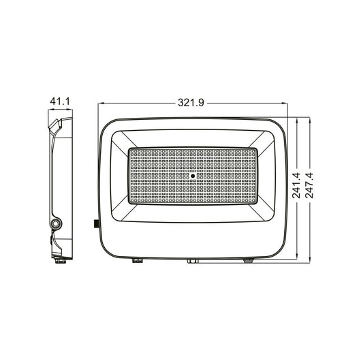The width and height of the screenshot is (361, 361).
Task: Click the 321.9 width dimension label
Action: tap(191, 103)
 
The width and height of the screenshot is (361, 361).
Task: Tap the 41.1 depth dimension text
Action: tap(60, 101)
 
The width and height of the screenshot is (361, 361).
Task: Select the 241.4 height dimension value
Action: tap(296, 185)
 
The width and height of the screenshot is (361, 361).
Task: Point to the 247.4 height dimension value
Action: tap(309, 185)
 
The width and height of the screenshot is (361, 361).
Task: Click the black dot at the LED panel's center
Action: tap(193, 176)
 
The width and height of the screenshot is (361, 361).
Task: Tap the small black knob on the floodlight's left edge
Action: tap(95, 223)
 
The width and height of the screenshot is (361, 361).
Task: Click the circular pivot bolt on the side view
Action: tap(56, 223)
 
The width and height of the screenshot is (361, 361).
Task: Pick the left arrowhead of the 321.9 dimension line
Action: tap(101, 104)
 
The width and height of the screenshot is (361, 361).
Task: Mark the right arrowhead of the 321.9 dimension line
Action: tap(285, 104)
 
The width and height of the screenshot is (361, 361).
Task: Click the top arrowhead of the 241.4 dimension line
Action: tap(297, 121)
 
